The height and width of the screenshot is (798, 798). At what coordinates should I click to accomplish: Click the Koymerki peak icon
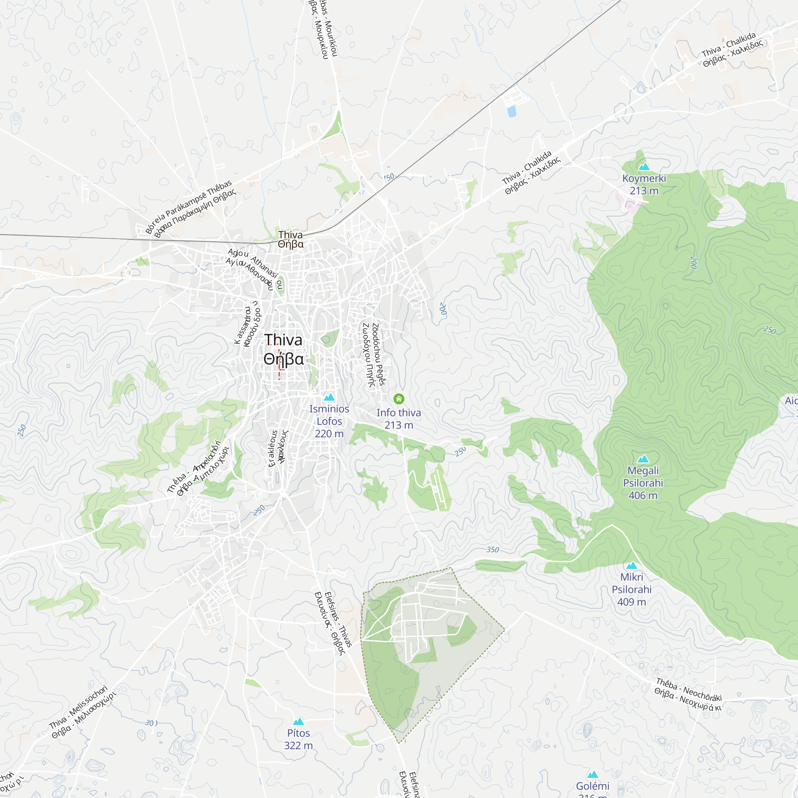click(x=644, y=167)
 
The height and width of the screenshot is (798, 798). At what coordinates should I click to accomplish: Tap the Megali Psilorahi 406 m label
click(x=643, y=483)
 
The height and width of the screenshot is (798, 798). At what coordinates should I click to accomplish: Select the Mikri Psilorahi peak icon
click(x=632, y=566)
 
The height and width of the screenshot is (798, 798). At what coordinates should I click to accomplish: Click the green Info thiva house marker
click(x=399, y=399)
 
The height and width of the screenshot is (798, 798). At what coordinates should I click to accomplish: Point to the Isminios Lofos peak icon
click(x=329, y=397)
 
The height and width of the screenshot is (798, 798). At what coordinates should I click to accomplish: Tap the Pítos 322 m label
click(x=298, y=739)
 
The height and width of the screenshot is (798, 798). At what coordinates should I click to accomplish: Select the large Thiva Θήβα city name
click(x=284, y=349)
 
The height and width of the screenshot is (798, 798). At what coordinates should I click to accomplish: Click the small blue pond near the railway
click(x=512, y=111)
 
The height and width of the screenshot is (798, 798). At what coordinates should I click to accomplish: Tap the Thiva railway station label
click(x=290, y=239)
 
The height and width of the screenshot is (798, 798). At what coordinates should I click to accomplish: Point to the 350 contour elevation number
click(x=492, y=550)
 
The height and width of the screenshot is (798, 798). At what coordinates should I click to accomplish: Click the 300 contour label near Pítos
click(x=151, y=723)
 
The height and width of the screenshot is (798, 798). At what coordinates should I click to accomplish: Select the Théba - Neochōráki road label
click(x=688, y=695)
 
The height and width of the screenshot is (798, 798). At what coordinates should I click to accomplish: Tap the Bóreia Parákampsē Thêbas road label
click(x=191, y=209)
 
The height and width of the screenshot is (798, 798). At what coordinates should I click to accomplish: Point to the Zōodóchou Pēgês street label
click(x=374, y=355)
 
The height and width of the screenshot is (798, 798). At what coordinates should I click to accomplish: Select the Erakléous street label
click(x=278, y=448)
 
